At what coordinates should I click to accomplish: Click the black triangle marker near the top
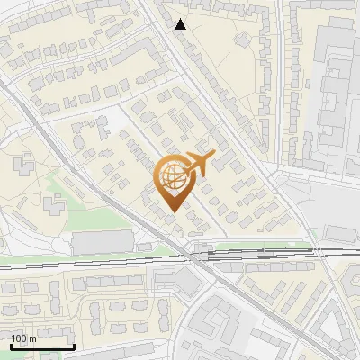tap(181, 24)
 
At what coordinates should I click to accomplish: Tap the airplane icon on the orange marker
tap(197, 165)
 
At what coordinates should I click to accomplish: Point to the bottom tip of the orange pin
tap(172, 211)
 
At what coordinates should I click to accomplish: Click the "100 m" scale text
tap(23, 338)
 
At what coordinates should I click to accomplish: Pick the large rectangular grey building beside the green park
tap(102, 241)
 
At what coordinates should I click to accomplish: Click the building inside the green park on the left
tap(52, 206)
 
